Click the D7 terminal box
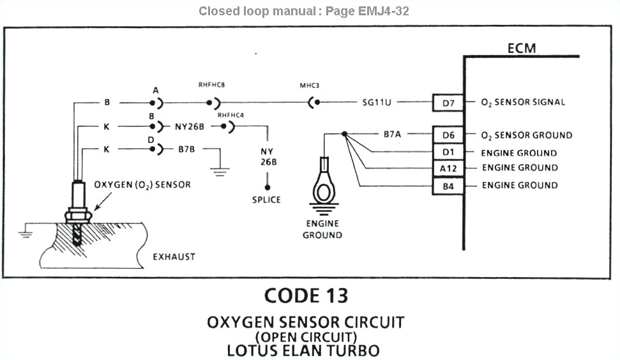[x=448, y=102]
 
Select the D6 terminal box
[x=448, y=135]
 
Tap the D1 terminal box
[x=448, y=153]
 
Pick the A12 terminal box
[x=448, y=168]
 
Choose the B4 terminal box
[x=448, y=186]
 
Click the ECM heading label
[x=522, y=49]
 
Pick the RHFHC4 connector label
[x=231, y=115]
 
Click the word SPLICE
[x=266, y=200]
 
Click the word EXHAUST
[x=174, y=257]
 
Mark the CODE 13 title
[x=306, y=296]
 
